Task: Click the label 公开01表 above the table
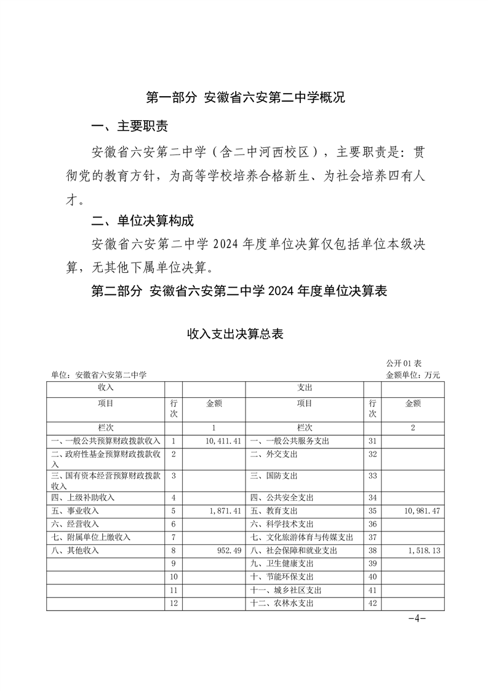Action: pos(403,364)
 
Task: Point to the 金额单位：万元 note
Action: pos(413,374)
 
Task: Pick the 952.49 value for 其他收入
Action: pos(229,551)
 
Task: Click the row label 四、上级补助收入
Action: pos(83,498)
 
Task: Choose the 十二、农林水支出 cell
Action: pos(282,604)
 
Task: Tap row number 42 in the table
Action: pos(372,604)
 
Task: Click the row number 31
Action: pos(372,442)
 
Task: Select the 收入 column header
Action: pos(105,387)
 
